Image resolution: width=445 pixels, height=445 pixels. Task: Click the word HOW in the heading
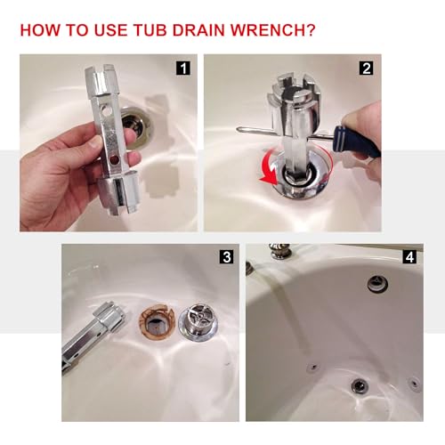[41, 30]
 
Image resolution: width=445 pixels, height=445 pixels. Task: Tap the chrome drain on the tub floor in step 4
[359, 385]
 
